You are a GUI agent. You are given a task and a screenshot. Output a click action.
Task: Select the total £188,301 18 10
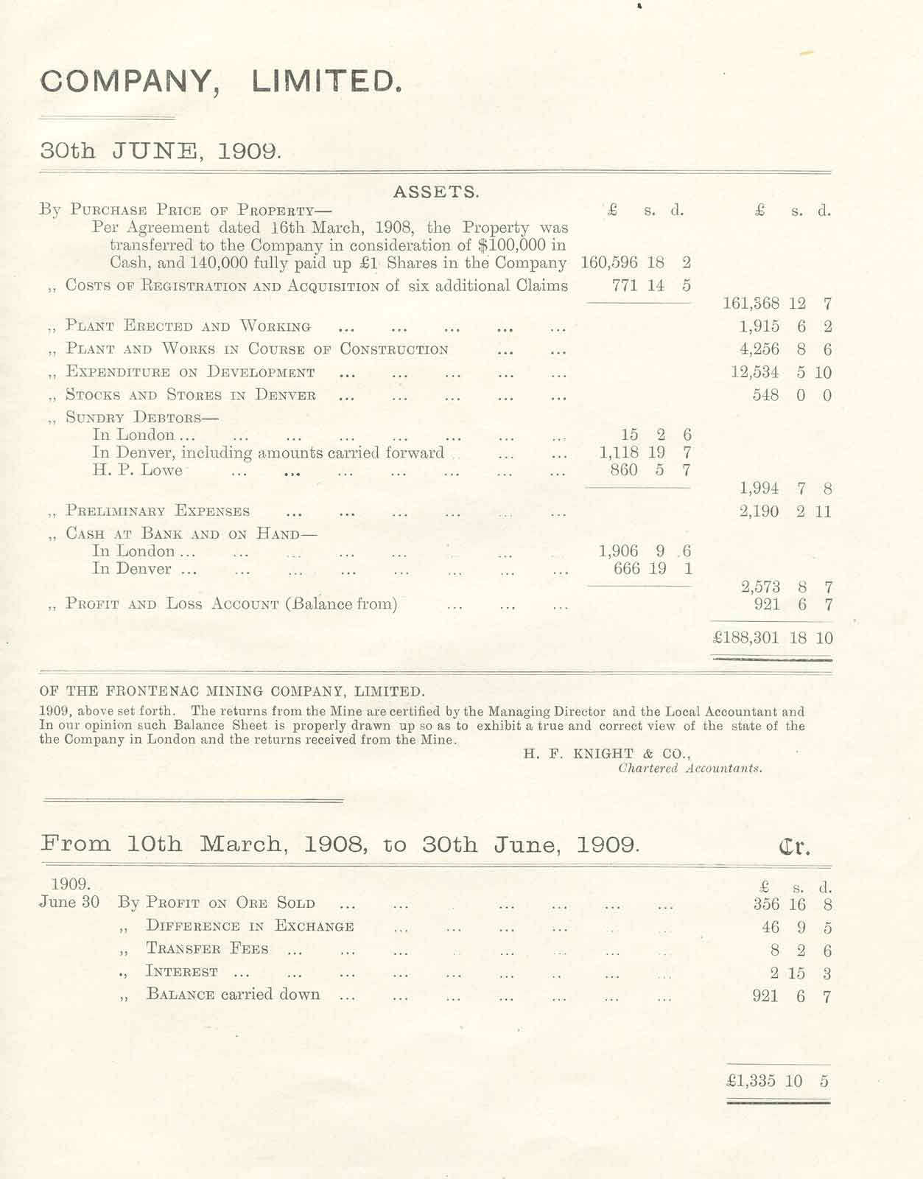pos(773,638)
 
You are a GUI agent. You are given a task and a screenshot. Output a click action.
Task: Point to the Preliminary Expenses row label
pos(158,511)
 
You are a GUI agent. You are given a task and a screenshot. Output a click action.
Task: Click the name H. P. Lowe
pos(138,470)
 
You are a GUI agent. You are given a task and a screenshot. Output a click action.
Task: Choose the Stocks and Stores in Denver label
pos(191,395)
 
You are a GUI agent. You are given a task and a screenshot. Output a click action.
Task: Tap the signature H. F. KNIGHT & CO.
pos(607,753)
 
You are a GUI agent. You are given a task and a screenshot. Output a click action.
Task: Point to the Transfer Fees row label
pos(207,949)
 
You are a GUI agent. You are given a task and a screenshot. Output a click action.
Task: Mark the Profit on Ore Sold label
pos(230,903)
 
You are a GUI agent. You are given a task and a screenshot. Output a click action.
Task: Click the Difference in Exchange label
pos(250,926)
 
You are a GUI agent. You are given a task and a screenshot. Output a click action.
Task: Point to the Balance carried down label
pos(233,995)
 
